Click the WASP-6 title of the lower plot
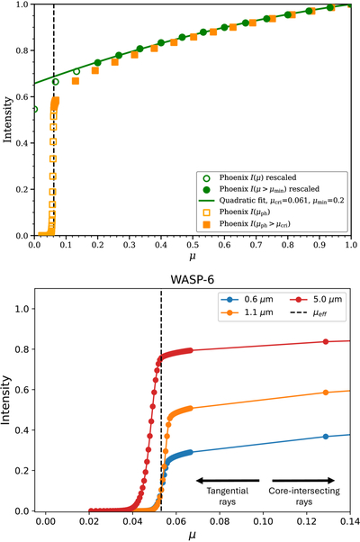click(x=192, y=280)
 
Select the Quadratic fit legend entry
click(x=272, y=201)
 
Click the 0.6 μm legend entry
click(x=247, y=299)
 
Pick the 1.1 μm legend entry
click(x=247, y=312)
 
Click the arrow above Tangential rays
click(x=228, y=480)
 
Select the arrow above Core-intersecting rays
click(x=303, y=480)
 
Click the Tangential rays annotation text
click(x=228, y=496)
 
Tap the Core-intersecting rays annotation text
click(x=304, y=496)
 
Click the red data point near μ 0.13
click(x=326, y=341)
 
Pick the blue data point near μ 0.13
click(x=326, y=437)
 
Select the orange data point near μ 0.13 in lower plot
click(x=326, y=393)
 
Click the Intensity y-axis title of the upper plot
click(x=7, y=120)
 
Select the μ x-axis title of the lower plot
click(x=193, y=535)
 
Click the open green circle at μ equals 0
click(x=34, y=110)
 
